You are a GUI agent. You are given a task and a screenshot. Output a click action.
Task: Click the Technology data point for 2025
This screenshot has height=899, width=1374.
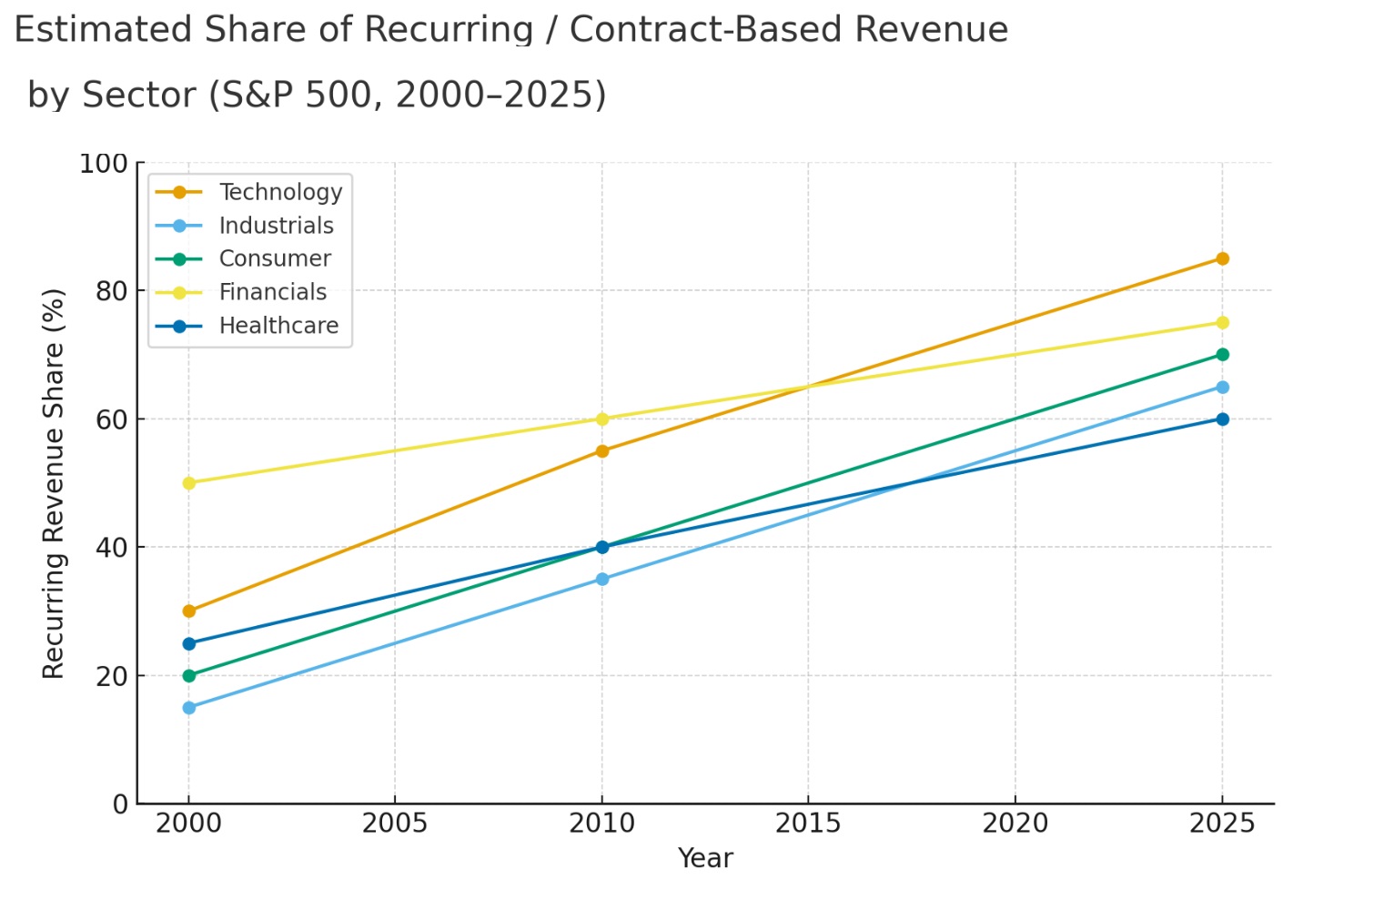(x=1222, y=258)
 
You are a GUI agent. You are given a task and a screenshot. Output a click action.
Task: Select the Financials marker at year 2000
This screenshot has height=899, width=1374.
(x=189, y=483)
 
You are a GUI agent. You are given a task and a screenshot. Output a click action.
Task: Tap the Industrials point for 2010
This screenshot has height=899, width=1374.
(x=602, y=579)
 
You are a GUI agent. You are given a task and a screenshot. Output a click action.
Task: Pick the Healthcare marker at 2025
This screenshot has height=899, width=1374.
(x=1222, y=419)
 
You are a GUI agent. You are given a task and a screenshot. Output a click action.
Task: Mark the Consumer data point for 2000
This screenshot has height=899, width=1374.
(x=189, y=675)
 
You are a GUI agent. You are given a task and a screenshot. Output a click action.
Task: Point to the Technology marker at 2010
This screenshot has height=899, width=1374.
(x=602, y=450)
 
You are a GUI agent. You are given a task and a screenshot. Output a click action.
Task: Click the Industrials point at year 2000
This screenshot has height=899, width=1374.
(x=189, y=707)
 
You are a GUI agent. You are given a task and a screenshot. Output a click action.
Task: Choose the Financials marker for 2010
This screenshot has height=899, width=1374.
(x=602, y=419)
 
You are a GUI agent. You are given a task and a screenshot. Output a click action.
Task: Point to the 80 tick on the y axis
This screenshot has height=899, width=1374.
(x=112, y=291)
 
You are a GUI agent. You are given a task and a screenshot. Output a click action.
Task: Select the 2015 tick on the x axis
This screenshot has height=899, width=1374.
(x=808, y=823)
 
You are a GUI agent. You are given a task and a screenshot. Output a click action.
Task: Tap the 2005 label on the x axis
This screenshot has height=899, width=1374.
(x=395, y=823)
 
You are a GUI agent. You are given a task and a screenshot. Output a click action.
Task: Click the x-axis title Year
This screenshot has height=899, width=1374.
(x=705, y=858)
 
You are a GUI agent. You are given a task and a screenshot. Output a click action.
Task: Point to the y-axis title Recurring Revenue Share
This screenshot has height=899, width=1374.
(x=55, y=483)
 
